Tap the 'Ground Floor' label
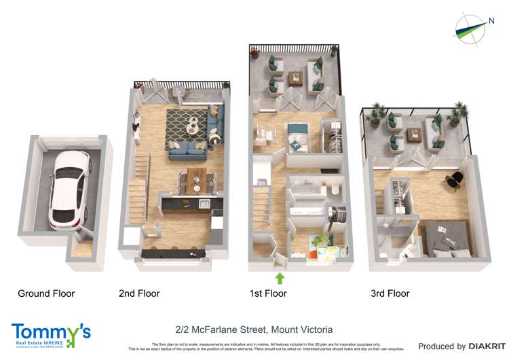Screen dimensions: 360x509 coord(46,294)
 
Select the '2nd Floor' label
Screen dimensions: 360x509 coord(139,294)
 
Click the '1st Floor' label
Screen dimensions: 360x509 coord(267,294)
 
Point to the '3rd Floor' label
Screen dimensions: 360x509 coord(390,294)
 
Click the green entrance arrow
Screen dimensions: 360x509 coord(279,277)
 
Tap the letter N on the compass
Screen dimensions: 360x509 coord(491,21)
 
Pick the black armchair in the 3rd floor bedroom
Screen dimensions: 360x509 coord(453,178)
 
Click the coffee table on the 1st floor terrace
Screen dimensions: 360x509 coord(295,79)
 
